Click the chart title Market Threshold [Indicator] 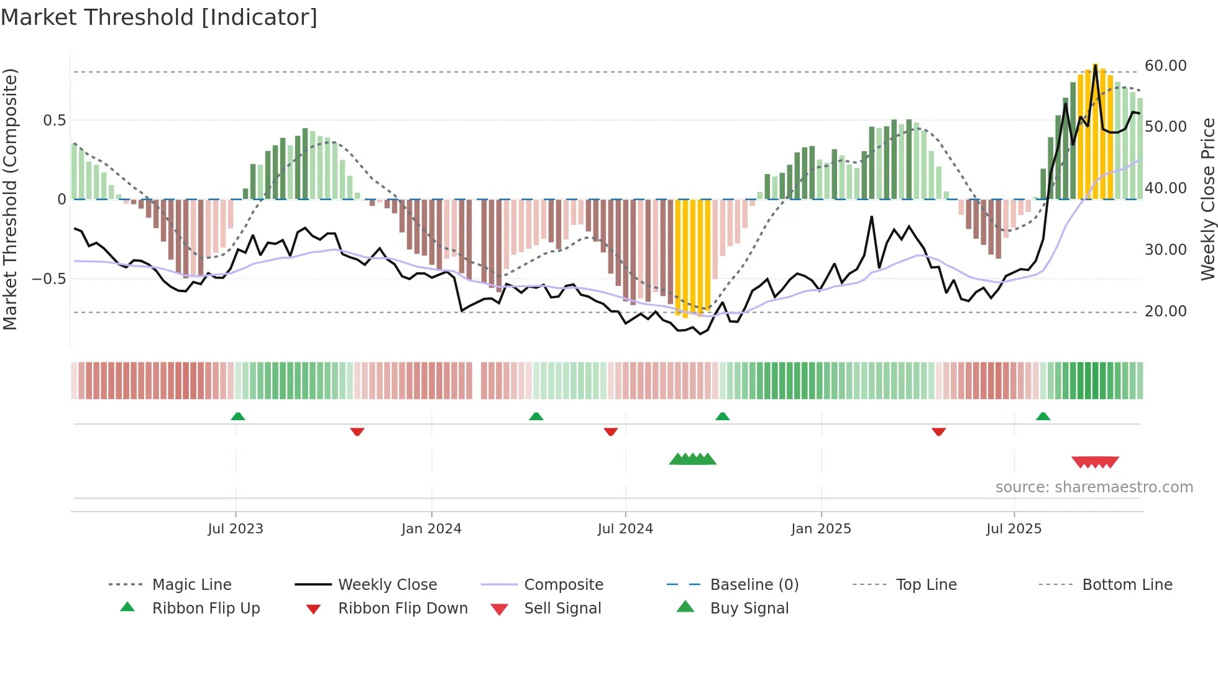click(159, 17)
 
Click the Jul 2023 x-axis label click(236, 529)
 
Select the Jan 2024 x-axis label click(431, 529)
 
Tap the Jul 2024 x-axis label click(625, 529)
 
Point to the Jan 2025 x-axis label click(821, 529)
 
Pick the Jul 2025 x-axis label click(1014, 529)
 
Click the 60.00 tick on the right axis click(1165, 66)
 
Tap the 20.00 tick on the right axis click(1165, 311)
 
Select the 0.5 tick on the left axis click(54, 121)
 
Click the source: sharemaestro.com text click(1094, 487)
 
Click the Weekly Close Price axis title click(1207, 199)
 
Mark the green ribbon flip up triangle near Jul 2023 click(238, 416)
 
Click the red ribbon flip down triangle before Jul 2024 click(611, 431)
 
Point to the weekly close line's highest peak click(1095, 65)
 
